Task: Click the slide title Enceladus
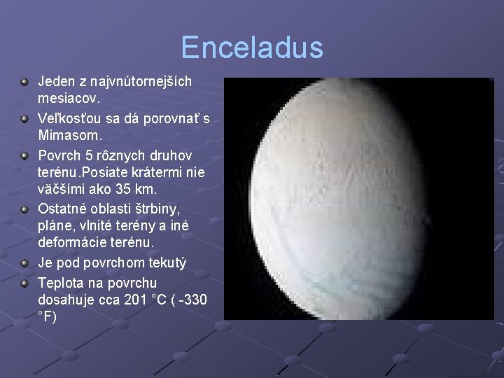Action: pyautogui.click(x=252, y=48)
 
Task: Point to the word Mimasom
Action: pyautogui.click(x=68, y=134)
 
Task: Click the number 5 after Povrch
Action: pyautogui.click(x=87, y=154)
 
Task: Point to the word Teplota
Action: pyautogui.click(x=62, y=282)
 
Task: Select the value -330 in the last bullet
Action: pyautogui.click(x=191, y=299)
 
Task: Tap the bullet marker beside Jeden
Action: pyautogui.click(x=24, y=82)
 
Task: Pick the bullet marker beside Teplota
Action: pyautogui.click(x=24, y=283)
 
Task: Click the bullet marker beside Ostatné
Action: pyautogui.click(x=24, y=209)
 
